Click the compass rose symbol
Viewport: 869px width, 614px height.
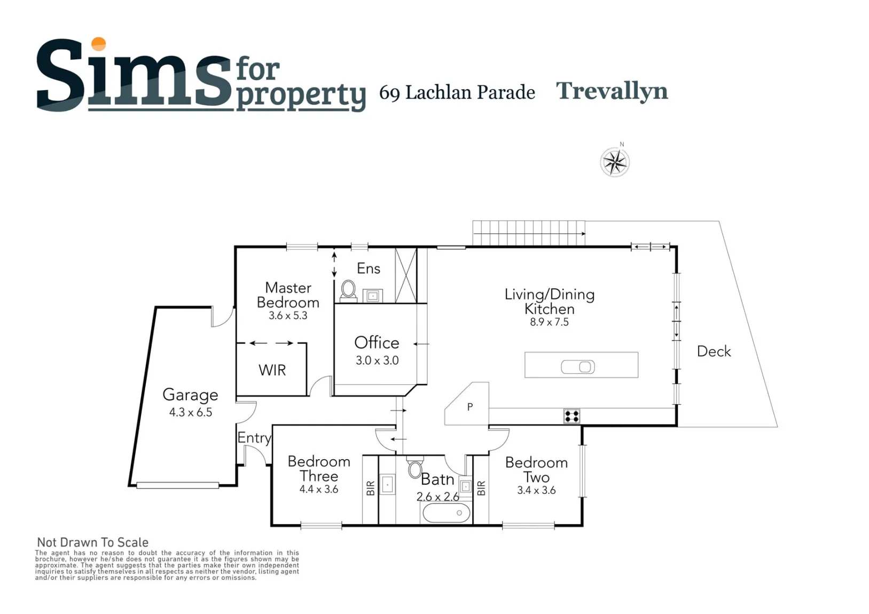615,162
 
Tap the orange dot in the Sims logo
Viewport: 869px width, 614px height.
99,44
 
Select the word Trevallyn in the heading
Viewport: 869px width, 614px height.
612,91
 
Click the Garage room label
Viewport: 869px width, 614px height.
190,395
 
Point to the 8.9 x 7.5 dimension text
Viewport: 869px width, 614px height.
549,322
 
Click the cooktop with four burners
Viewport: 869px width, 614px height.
572,416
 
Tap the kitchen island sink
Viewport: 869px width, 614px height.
578,367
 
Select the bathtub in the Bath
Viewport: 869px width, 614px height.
447,513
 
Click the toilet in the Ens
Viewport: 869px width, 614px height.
348,291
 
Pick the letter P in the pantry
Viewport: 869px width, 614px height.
470,407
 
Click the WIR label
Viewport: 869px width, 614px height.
272,370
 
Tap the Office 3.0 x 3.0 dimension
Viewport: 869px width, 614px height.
377,360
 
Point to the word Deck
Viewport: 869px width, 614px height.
714,351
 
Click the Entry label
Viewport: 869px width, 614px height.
254,438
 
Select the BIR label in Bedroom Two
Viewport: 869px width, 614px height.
481,488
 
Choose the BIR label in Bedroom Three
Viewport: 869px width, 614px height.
371,488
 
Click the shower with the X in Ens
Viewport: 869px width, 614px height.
406,275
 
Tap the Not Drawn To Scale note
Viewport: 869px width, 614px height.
93,542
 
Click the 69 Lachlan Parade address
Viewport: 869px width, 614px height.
457,92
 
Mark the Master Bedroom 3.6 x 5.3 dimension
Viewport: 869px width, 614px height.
288,316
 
